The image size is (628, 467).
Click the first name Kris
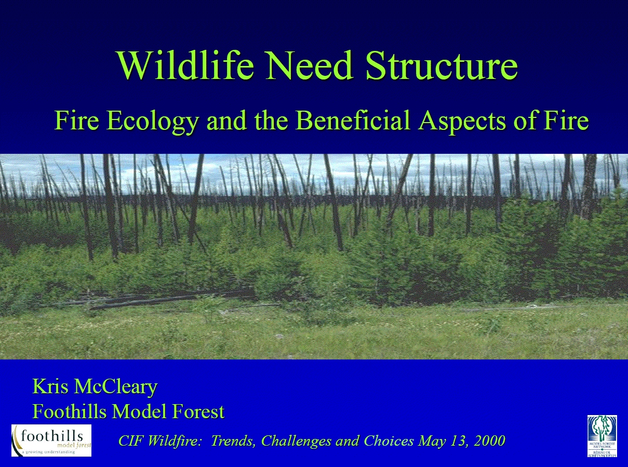[50, 386]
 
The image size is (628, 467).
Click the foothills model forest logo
[51, 440]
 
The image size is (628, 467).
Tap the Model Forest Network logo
[602, 436]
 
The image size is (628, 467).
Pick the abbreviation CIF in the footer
[131, 441]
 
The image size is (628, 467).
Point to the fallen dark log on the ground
[156, 300]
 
